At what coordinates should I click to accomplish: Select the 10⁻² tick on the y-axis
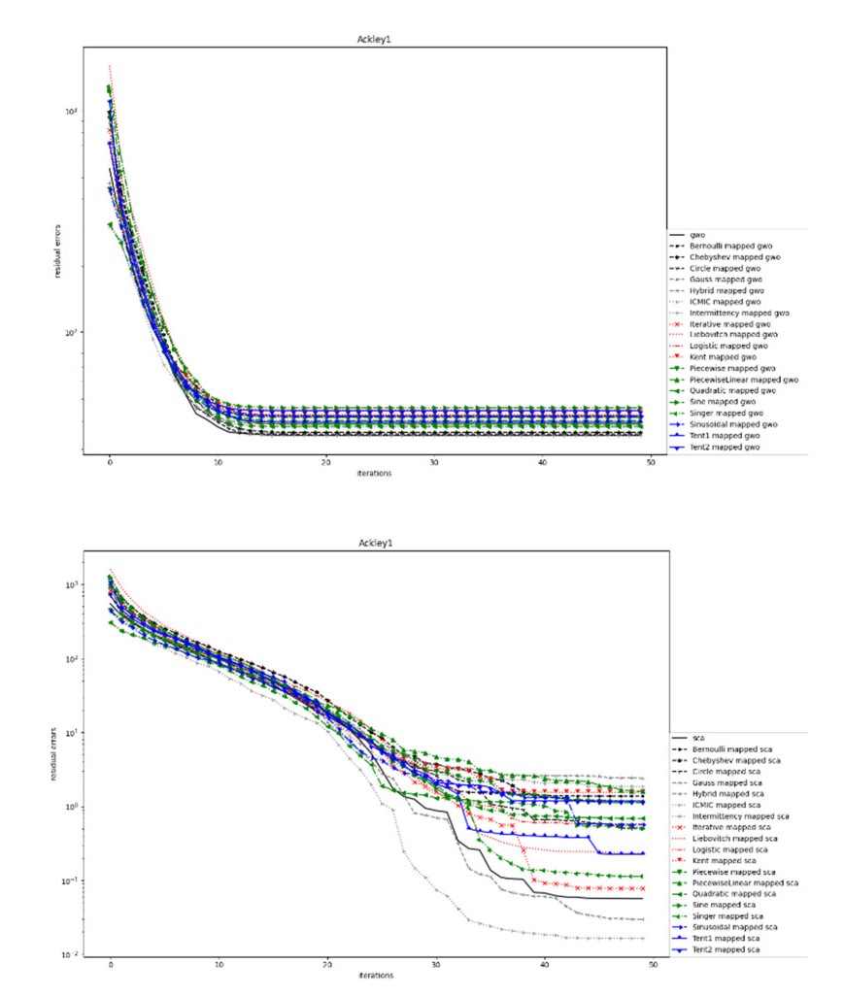click(x=73, y=955)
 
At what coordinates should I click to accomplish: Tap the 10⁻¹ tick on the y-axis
click(x=73, y=881)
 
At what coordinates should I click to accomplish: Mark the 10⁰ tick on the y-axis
click(x=73, y=807)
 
